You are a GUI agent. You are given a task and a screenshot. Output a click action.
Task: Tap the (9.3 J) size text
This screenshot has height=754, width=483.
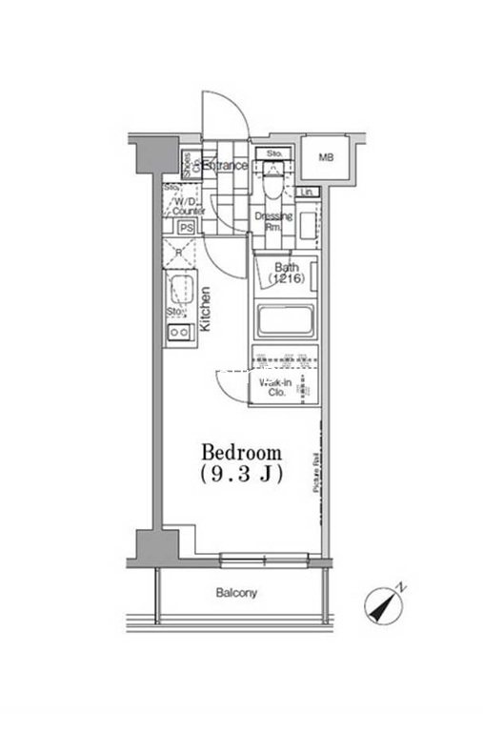coord(241,476)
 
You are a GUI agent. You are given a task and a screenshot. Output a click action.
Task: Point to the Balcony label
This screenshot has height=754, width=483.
coord(234,593)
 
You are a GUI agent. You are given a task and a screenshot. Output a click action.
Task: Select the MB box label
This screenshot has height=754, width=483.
coord(326,157)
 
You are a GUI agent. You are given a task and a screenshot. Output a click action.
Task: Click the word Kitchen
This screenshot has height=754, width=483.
coord(205,311)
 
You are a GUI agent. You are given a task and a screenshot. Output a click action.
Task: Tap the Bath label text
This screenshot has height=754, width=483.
coord(287,267)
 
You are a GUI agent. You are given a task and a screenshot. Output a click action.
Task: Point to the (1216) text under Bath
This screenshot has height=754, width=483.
coord(287,280)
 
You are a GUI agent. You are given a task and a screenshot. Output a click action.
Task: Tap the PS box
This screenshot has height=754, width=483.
coord(187,227)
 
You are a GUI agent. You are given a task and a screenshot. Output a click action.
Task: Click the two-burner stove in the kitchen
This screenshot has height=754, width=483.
coord(178,333)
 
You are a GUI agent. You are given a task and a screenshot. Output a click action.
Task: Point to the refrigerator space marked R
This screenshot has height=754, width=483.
coord(179,253)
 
